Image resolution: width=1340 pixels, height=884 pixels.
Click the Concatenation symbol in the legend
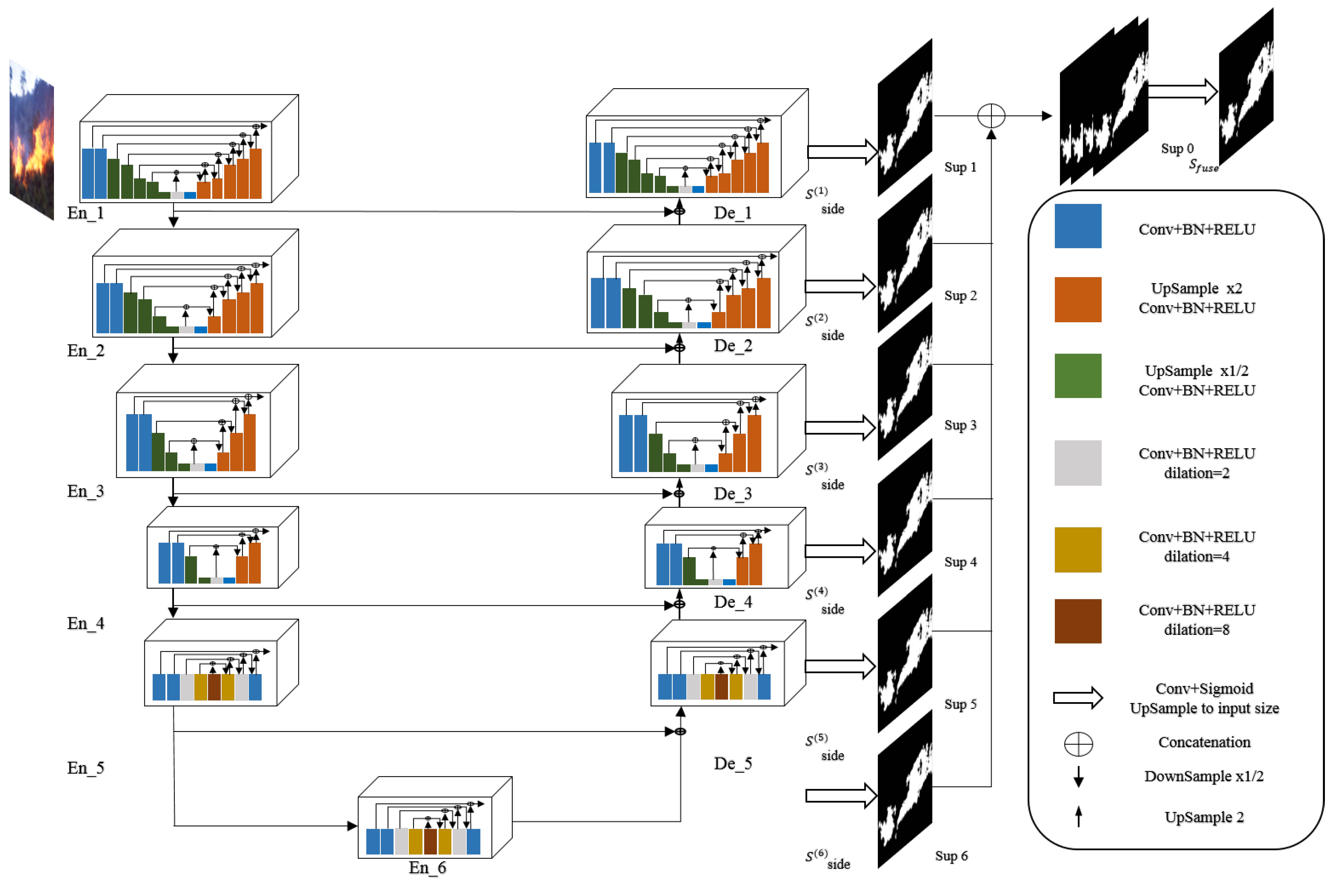[1078, 744]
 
